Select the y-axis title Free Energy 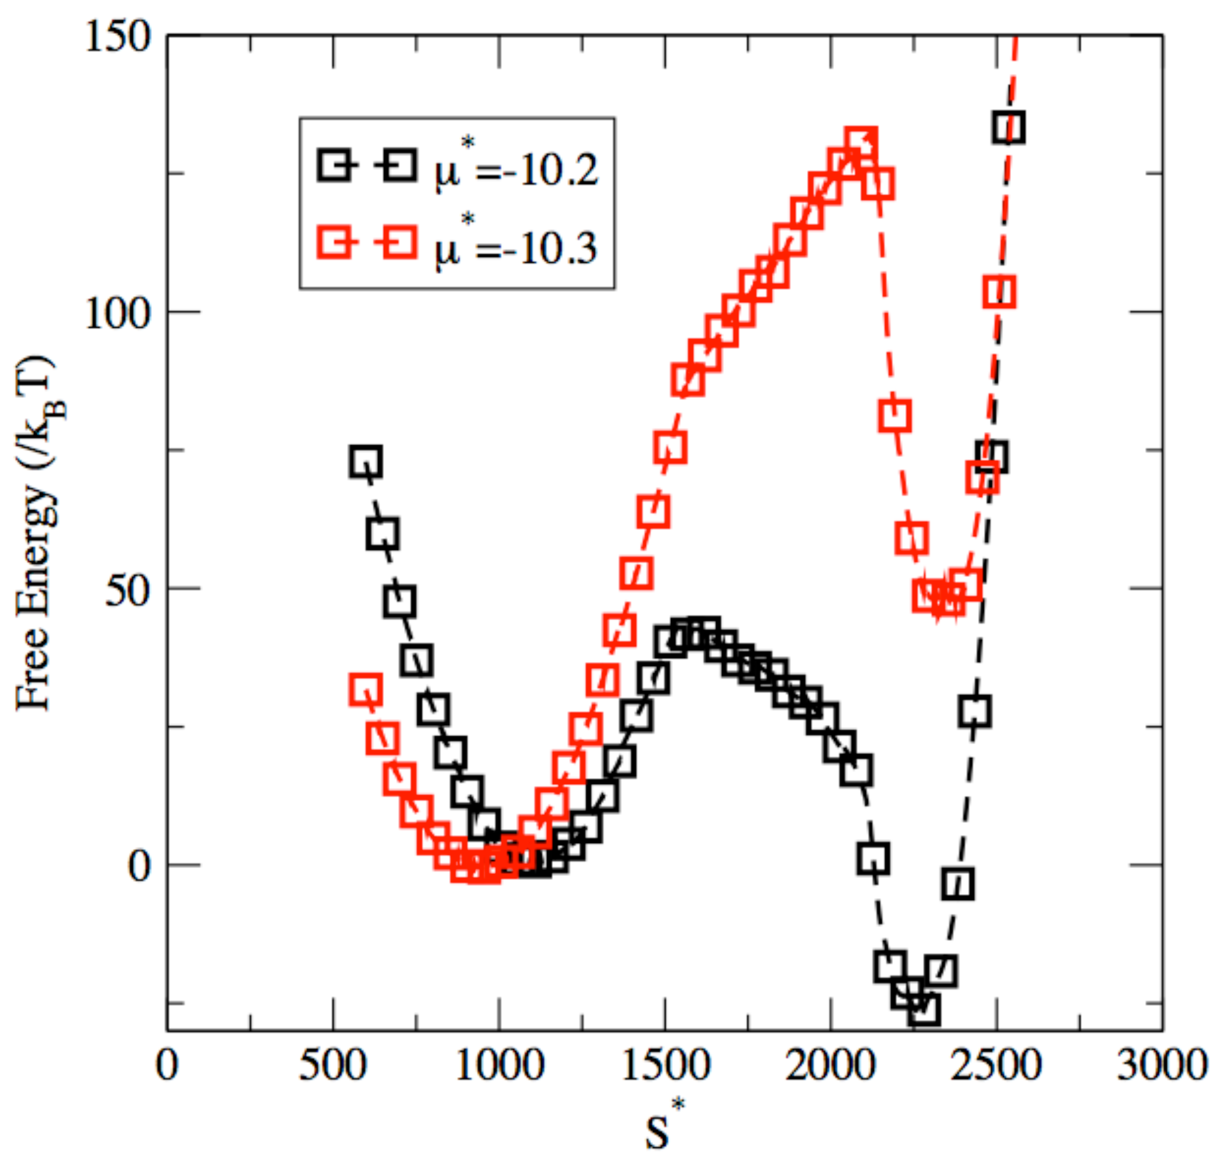tap(37, 534)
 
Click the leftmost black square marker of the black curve tap(365, 462)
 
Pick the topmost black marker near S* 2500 tap(1009, 128)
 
